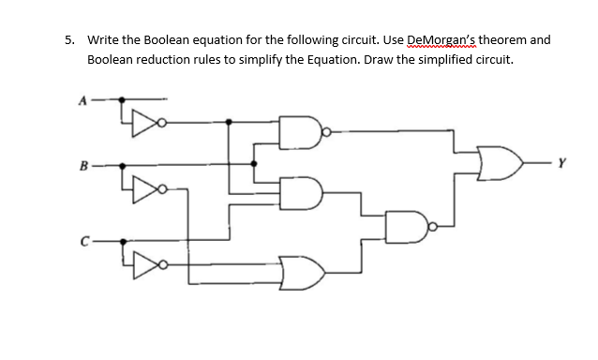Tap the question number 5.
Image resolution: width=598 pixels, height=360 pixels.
tap(69, 40)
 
